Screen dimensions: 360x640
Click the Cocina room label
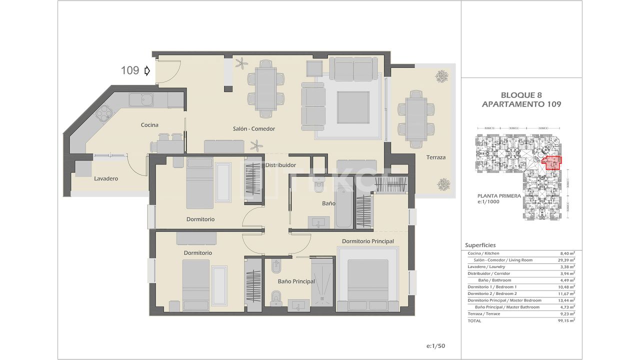(149, 125)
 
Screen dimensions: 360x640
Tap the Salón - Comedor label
(254, 128)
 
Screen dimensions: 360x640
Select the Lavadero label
(106, 178)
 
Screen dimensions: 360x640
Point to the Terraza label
(435, 157)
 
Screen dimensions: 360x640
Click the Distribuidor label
(280, 165)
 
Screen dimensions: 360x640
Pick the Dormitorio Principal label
(367, 241)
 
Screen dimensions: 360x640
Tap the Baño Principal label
(296, 281)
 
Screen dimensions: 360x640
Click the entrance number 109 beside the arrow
(130, 70)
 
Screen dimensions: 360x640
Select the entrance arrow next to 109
(147, 71)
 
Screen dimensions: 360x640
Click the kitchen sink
(141, 100)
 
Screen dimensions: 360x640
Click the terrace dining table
(416, 118)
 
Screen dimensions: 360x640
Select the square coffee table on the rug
(353, 107)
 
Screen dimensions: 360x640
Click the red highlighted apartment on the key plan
(552, 163)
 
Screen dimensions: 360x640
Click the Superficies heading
(480, 245)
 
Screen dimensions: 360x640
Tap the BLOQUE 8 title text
(521, 95)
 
